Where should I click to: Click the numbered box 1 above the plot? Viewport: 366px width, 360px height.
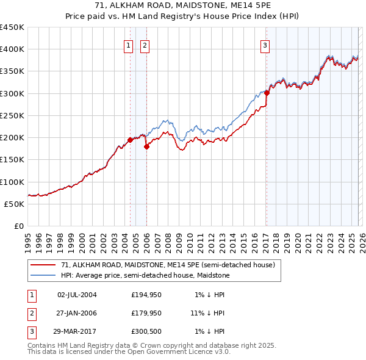coord(129,45)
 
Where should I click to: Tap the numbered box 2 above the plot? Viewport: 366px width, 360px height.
coord(145,45)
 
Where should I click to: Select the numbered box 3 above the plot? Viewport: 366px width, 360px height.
coord(265,45)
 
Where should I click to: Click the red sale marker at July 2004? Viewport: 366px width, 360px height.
coord(130,140)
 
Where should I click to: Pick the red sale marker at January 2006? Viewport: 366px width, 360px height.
coord(146,146)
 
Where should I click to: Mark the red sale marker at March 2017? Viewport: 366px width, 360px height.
coord(267,93)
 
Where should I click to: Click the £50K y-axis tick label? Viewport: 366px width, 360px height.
coord(15,204)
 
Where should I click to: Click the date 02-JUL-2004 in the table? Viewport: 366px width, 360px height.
coord(77,295)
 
